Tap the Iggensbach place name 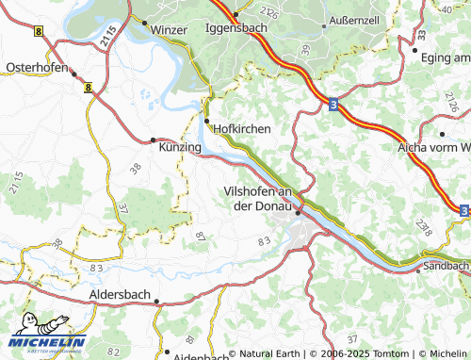236,27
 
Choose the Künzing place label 180,148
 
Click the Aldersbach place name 119,294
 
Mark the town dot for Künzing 154,140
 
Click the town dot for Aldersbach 157,303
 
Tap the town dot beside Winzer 146,20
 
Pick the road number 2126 269,12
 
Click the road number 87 200,236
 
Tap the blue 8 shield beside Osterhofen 87,88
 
